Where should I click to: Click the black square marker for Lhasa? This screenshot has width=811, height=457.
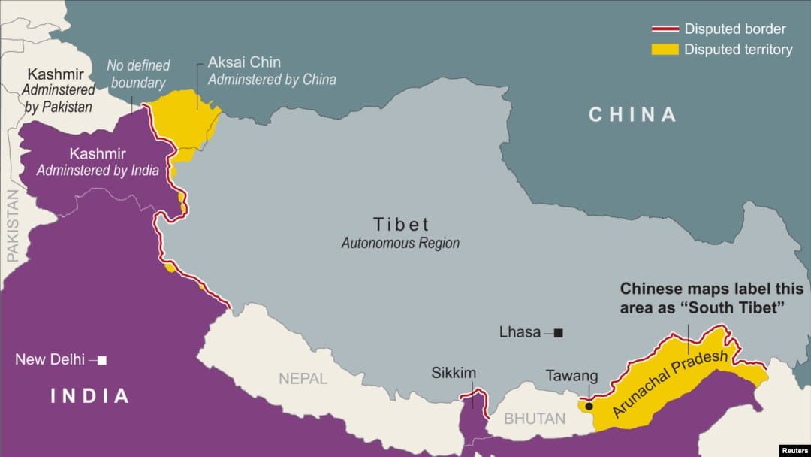pos(558,332)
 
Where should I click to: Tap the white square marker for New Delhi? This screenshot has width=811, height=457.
pos(102,360)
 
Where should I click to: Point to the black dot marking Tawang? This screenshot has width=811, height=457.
pos(589,406)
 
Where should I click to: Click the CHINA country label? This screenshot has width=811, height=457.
pos(632,114)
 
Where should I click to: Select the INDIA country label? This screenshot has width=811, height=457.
pos(89,395)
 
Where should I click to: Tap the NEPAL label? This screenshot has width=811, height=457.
pos(303,378)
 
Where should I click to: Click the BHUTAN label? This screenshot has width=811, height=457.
pos(535,419)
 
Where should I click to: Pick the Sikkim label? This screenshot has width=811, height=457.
pos(454,373)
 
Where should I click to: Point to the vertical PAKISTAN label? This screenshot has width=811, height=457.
pos(13,225)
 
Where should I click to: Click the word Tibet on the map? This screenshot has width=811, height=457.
pos(401,224)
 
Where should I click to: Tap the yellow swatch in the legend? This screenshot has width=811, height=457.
pos(665,50)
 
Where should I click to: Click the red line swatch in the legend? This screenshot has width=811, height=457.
pos(665,29)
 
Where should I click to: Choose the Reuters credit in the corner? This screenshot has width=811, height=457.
pos(794,450)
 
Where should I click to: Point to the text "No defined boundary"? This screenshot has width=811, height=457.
pos(138,74)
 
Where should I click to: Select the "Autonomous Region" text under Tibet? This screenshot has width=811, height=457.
pos(400,244)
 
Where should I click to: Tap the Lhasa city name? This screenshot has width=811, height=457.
pos(520,331)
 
